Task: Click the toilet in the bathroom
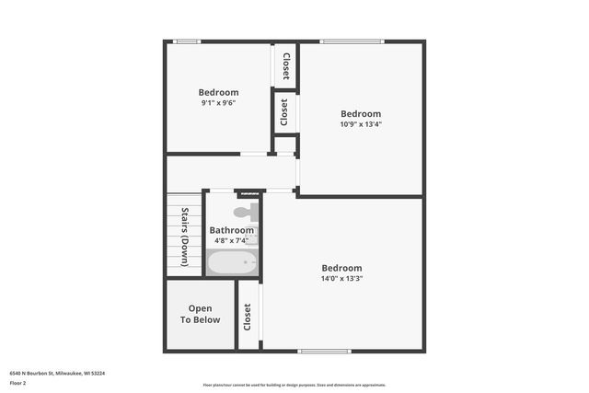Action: (244, 213)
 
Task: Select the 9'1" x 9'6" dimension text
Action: (219, 103)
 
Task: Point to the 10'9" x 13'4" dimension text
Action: (361, 124)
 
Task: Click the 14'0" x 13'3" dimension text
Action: (341, 278)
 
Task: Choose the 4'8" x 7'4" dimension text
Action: (231, 240)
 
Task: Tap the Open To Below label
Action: (201, 314)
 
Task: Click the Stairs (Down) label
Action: (185, 237)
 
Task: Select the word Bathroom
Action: (231, 230)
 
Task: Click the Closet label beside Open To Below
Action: (248, 318)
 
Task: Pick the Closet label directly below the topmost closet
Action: (284, 112)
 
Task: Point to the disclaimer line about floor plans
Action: (294, 385)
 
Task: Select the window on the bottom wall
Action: (325, 351)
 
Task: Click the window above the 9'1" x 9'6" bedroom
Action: (189, 41)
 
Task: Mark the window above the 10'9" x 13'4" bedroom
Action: (351, 41)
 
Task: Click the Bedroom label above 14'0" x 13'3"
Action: (341, 268)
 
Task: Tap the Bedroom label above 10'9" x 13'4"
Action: (361, 114)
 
